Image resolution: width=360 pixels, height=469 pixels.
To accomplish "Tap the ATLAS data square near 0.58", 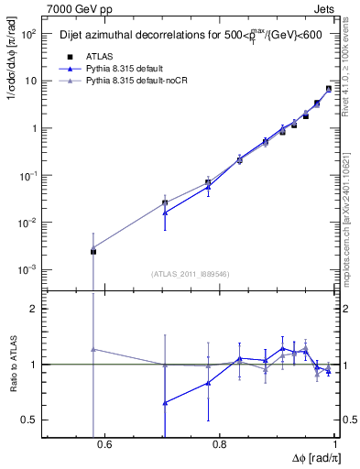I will (x=93, y=251).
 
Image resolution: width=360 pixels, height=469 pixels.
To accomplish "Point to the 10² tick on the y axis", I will (x=29, y=34).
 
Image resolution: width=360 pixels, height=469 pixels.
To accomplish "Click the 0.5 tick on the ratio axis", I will (x=30, y=420).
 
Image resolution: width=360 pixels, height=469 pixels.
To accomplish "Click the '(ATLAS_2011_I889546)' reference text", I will (x=190, y=273).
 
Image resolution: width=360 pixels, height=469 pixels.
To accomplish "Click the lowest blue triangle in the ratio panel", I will (x=165, y=403).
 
